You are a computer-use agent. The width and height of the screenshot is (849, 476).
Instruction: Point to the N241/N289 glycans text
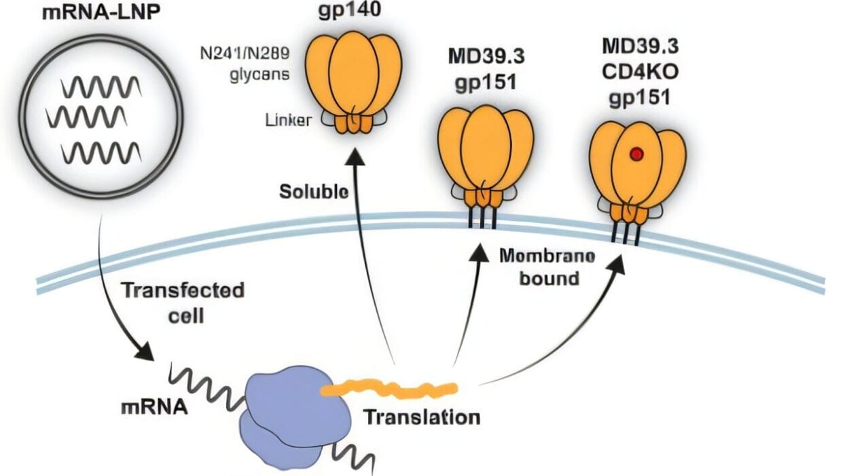pyautogui.click(x=251, y=65)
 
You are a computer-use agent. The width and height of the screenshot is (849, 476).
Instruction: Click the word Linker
pyautogui.click(x=287, y=120)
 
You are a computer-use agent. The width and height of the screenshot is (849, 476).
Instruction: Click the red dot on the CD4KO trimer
pyautogui.click(x=636, y=156)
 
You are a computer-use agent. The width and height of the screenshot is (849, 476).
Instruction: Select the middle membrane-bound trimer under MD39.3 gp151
pyautogui.click(x=484, y=156)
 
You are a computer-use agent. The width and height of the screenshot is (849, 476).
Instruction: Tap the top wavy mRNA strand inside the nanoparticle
pyautogui.click(x=101, y=88)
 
